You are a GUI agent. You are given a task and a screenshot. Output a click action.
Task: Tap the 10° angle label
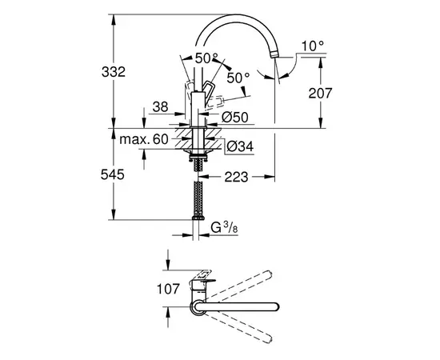(314, 47)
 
